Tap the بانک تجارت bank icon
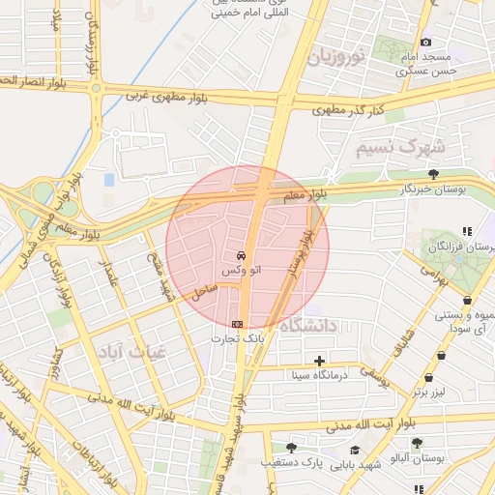[x=237, y=324]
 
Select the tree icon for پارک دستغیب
[x=291, y=448]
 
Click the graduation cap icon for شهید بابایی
[x=356, y=450]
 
